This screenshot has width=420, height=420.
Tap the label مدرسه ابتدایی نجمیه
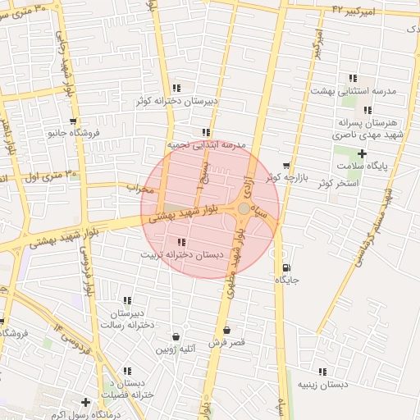(x=207, y=144)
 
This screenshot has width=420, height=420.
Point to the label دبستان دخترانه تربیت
(x=182, y=255)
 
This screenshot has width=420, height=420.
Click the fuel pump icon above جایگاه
(x=285, y=267)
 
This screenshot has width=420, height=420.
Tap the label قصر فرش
(x=227, y=343)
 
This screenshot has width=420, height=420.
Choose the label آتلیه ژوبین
(x=176, y=349)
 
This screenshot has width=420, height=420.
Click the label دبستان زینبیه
(x=322, y=384)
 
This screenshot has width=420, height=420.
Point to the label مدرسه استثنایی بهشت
(x=353, y=91)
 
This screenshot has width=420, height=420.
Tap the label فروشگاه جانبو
(x=74, y=131)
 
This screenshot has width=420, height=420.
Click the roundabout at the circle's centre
(x=244, y=210)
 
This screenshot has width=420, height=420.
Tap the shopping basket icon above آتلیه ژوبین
(x=176, y=336)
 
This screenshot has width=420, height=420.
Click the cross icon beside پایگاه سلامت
(x=363, y=153)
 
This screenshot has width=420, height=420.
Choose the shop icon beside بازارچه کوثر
(x=285, y=166)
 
